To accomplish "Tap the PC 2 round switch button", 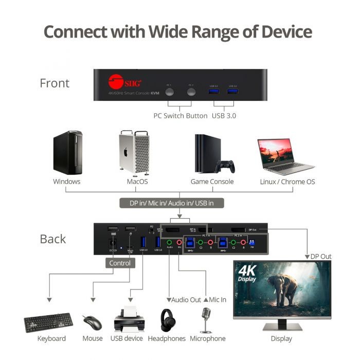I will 191,93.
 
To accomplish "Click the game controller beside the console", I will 225,167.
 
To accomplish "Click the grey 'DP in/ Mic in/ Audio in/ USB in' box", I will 172,203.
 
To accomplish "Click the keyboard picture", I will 48,322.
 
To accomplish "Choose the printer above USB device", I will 127,319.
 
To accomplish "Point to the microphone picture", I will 207,319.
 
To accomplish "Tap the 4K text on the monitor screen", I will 247,270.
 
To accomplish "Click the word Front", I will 55,83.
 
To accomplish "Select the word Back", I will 53,239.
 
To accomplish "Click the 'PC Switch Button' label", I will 181,116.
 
